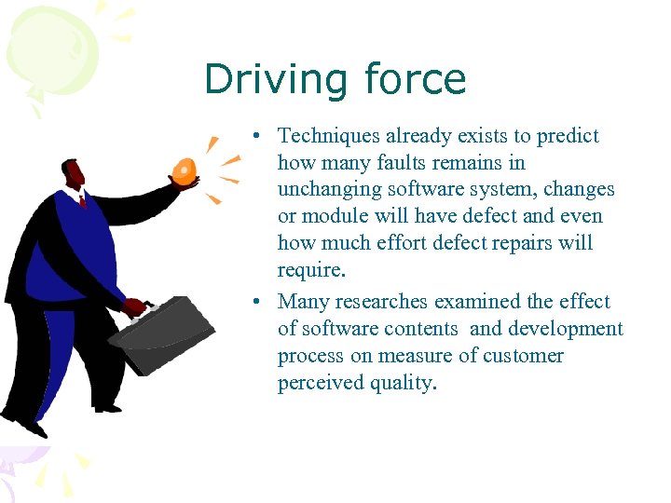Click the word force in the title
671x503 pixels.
coord(416,79)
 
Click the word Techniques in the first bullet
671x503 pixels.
coord(330,136)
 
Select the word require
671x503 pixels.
coord(311,271)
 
